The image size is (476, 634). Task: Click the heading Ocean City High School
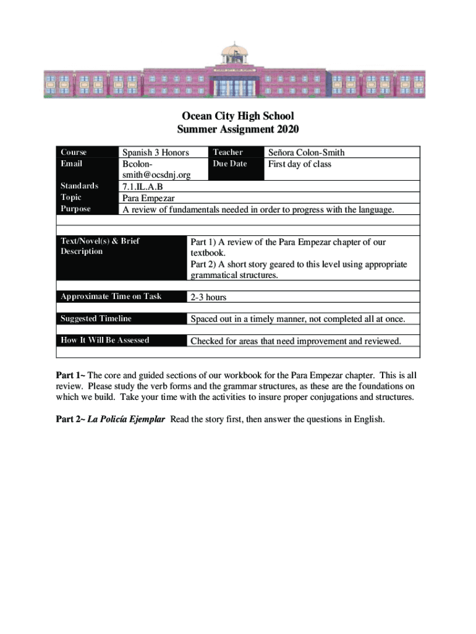pos(238,116)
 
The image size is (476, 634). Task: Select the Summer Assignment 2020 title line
pos(238,129)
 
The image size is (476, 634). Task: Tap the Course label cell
pos(74,152)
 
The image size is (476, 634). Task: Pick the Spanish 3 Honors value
pos(155,152)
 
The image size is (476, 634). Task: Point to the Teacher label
pos(227,152)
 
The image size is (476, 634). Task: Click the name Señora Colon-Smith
pos(306,152)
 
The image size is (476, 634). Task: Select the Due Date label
pos(229,164)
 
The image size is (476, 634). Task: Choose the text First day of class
pos(299,164)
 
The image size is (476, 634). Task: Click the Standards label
pos(79,186)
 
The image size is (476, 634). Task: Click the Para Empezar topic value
pos(148,198)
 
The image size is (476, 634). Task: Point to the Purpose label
pos(75,209)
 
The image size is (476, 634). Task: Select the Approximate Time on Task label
pos(111,297)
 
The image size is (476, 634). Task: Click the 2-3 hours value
pos(208,297)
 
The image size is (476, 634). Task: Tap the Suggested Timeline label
pos(96,319)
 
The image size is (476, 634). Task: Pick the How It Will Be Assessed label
pos(104,341)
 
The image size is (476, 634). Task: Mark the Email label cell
pos(71,164)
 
